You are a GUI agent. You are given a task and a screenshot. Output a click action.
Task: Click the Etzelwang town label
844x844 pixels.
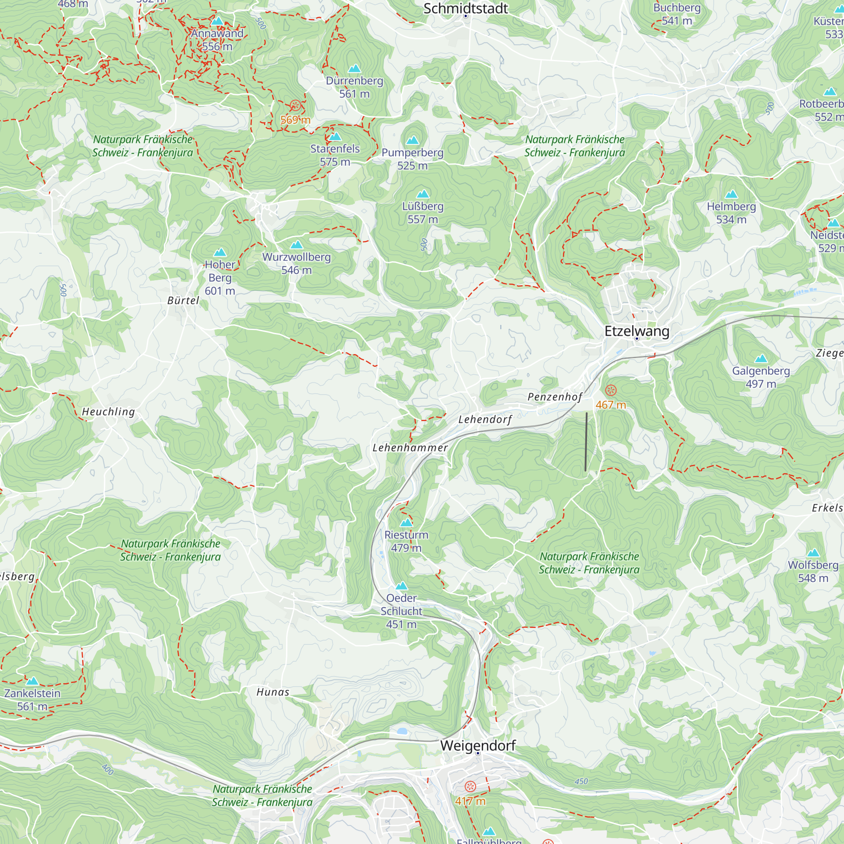[636, 331]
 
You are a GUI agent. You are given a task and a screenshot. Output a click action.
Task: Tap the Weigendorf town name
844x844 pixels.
[478, 745]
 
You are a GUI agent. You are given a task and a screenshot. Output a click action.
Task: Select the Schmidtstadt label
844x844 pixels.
[466, 9]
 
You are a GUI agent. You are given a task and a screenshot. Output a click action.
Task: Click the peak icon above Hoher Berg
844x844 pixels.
[220, 252]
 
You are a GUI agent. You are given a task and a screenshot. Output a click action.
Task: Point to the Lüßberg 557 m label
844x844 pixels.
[422, 213]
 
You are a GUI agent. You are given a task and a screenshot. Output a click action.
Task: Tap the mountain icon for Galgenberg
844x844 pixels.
[761, 359]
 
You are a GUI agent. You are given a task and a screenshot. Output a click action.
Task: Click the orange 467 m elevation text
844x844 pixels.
[611, 405]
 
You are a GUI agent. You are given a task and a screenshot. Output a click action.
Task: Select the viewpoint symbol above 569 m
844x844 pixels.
[295, 105]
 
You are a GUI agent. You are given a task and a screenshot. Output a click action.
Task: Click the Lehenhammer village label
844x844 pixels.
[410, 448]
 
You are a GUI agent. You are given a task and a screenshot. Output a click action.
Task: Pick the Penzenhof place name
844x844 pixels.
[555, 397]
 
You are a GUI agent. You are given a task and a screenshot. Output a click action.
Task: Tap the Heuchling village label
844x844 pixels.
[108, 412]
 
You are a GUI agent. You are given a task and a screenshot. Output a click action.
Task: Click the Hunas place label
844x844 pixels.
[273, 692]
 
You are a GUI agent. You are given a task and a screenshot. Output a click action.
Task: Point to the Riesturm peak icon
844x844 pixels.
[406, 522]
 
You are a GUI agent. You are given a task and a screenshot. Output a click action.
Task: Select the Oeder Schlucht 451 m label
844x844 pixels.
[401, 611]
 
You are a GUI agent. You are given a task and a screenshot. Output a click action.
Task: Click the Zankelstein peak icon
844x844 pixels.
[32, 681]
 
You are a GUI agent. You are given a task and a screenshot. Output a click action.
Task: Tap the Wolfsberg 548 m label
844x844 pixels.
[813, 571]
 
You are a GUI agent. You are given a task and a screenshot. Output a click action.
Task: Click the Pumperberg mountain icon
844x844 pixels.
[412, 141]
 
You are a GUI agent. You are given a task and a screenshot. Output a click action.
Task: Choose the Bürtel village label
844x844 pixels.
[183, 300]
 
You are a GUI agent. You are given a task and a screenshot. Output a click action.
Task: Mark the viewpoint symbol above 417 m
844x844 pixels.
[470, 787]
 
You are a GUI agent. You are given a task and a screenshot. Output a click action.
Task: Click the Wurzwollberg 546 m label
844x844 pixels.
[296, 263]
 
